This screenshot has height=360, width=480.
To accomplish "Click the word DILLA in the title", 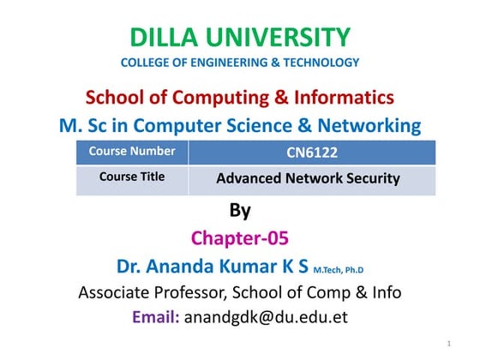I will pyautogui.click(x=163, y=38).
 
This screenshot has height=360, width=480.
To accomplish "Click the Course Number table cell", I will pyautogui.click(x=132, y=152).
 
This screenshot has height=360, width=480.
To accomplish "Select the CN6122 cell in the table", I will pyautogui.click(x=308, y=153).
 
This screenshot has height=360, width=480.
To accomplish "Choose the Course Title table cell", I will pyautogui.click(x=132, y=178).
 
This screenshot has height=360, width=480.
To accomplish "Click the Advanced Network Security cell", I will pyautogui.click(x=308, y=179).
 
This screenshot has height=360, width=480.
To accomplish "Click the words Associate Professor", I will pyautogui.click(x=151, y=292).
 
